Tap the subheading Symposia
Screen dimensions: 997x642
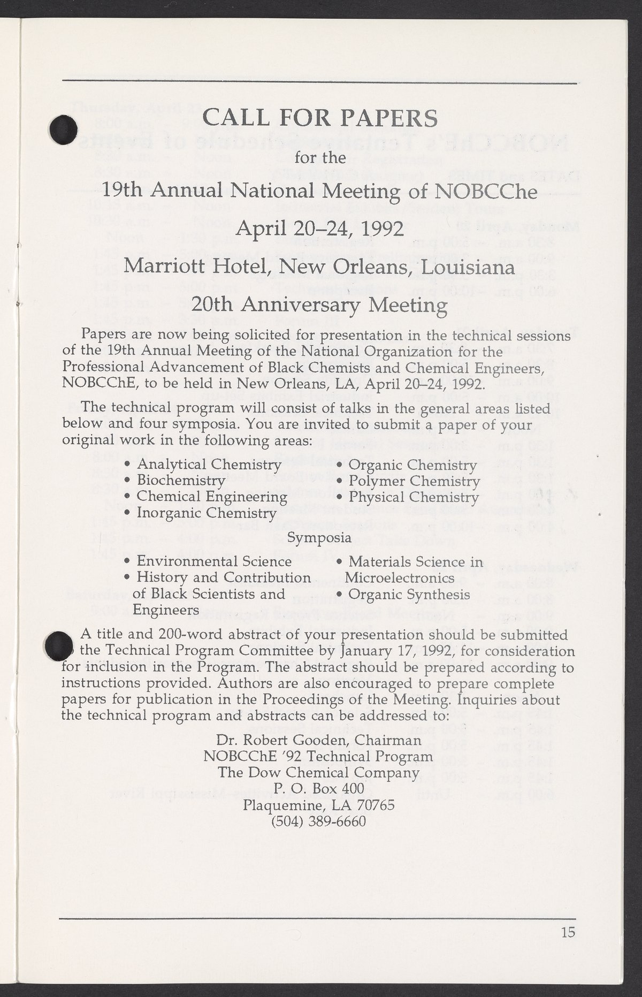pos(320,537)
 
